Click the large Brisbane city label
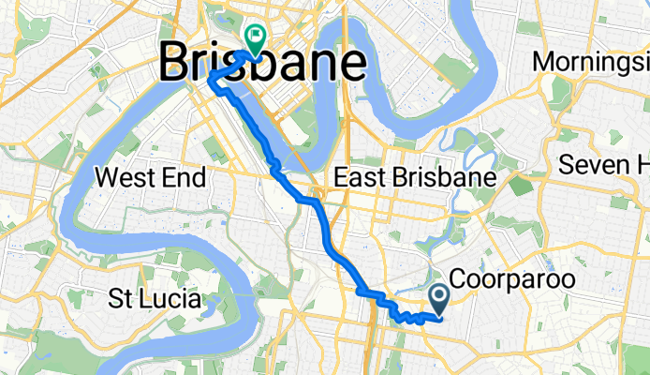[262, 64]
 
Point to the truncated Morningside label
[590, 63]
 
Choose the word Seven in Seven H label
[598, 165]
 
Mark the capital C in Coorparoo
[459, 280]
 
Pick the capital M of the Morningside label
[543, 63]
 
